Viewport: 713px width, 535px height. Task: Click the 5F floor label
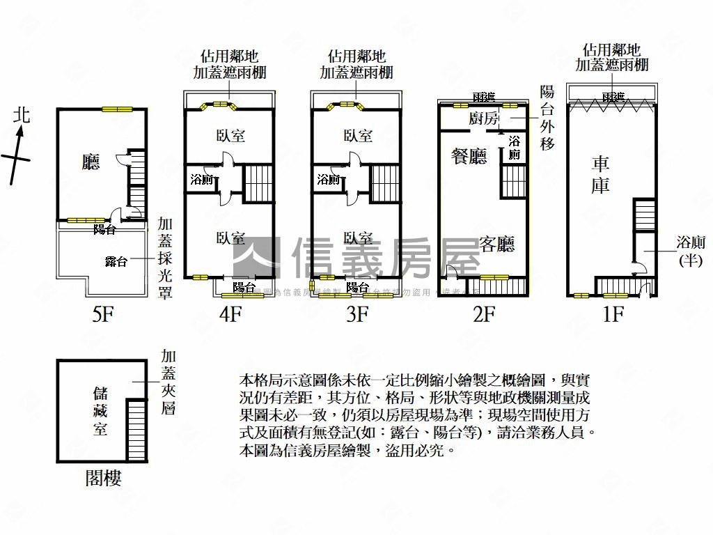[x=102, y=315]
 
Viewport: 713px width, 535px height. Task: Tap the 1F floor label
[x=612, y=315]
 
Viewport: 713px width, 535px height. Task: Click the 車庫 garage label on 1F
[x=601, y=175]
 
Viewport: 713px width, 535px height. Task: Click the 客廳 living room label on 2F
[x=497, y=245]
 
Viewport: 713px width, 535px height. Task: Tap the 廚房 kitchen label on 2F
[x=485, y=118]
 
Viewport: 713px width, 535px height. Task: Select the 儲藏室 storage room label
[x=100, y=411]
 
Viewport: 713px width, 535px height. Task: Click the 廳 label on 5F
[x=91, y=162]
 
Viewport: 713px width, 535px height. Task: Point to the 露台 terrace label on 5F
[x=116, y=261]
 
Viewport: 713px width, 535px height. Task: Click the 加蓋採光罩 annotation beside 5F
[x=165, y=258]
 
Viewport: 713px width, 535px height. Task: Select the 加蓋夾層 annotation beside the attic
[x=168, y=382]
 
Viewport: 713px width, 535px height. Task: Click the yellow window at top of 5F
[x=116, y=109]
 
